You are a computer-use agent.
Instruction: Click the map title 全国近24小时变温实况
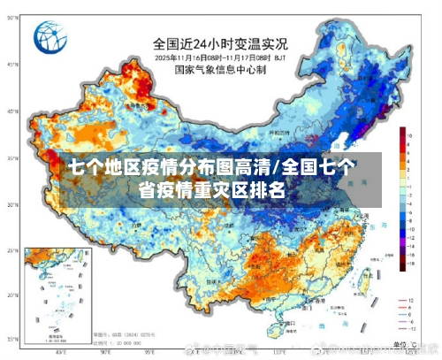220,42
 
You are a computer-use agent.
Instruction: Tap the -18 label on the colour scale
411,263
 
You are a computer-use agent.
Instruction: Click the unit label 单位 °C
402,340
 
